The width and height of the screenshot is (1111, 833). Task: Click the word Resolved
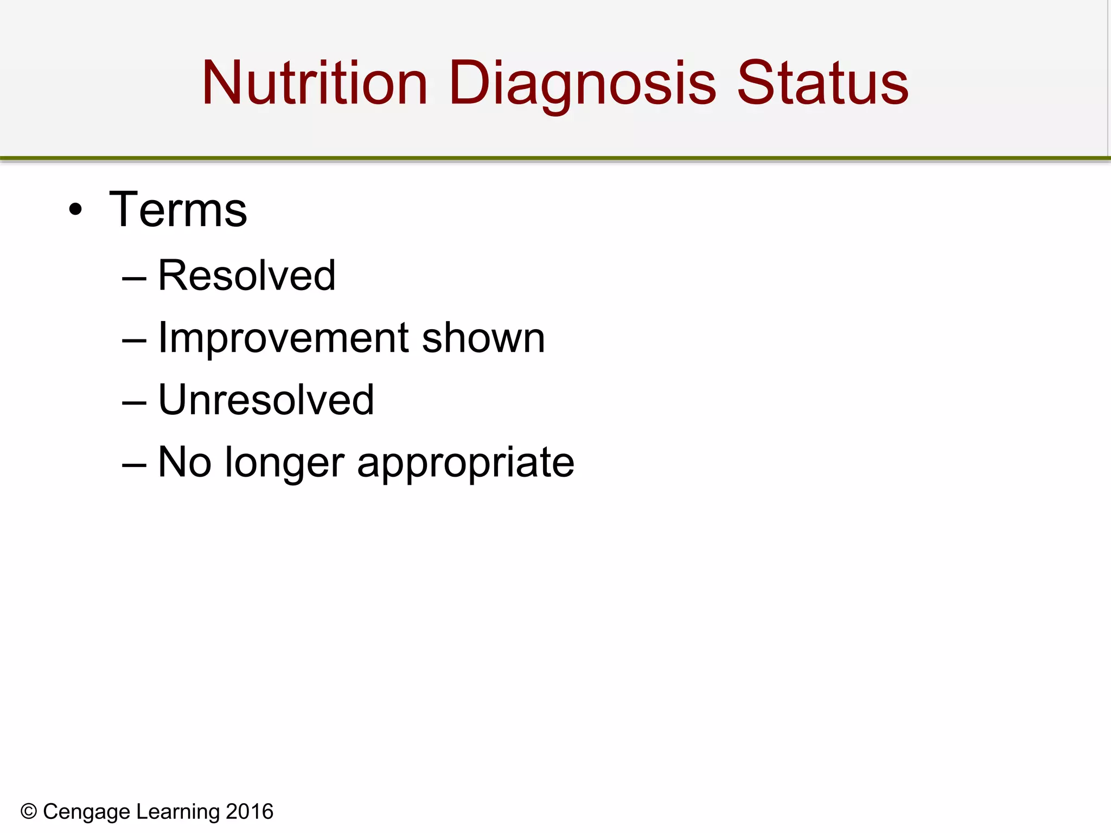pyautogui.click(x=247, y=275)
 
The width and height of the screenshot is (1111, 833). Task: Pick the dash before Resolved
pyautogui.click(x=134, y=279)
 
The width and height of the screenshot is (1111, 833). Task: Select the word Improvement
pyautogui.click(x=283, y=338)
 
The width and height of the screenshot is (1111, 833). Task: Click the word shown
pyautogui.click(x=483, y=338)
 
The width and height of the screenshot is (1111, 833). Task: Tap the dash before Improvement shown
pyautogui.click(x=134, y=341)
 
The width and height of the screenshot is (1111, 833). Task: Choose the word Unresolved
pyautogui.click(x=266, y=400)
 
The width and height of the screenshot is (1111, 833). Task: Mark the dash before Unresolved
pyautogui.click(x=134, y=403)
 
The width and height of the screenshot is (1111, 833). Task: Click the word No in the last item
pyautogui.click(x=184, y=462)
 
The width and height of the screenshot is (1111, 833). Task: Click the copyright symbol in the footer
pyautogui.click(x=29, y=812)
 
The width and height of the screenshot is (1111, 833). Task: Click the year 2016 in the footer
pyautogui.click(x=250, y=812)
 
